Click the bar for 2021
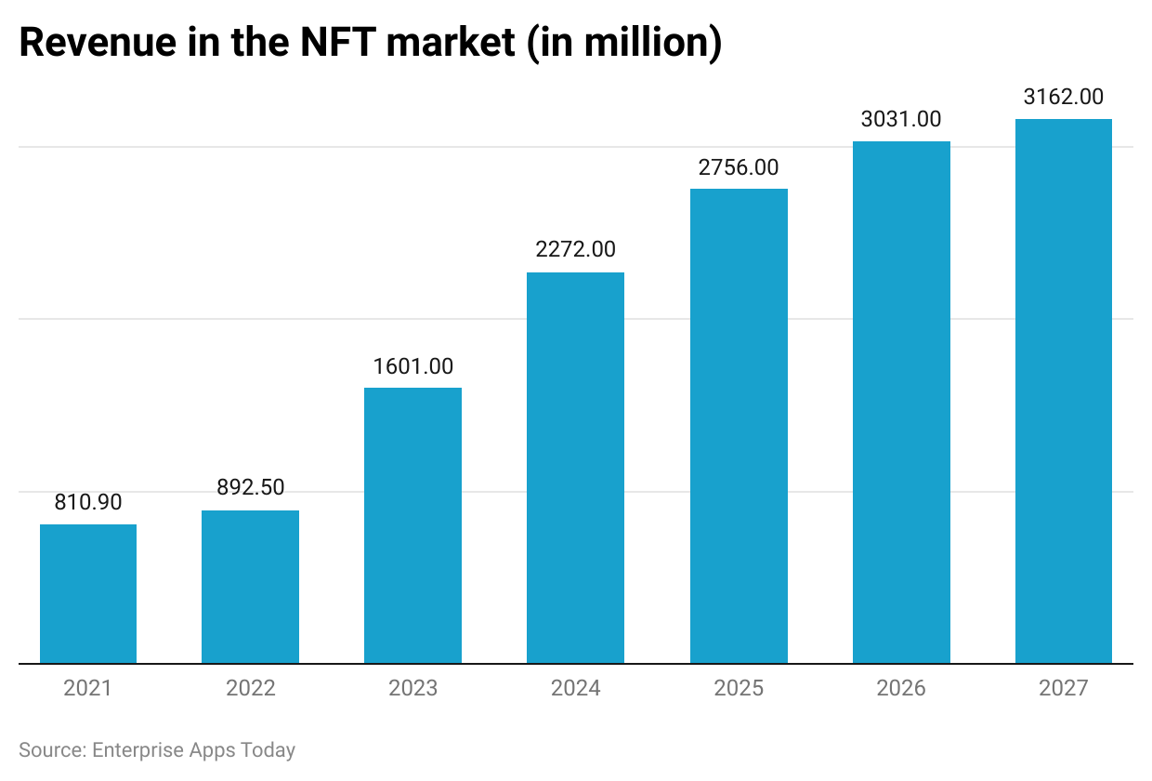coord(88,594)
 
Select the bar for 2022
coord(251,587)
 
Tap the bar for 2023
coord(413,525)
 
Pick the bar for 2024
coord(575,468)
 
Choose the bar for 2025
coord(739,426)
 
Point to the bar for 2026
coord(901,402)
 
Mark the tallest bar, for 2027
coord(1064,390)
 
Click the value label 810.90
coord(88,502)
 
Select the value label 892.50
coord(251,487)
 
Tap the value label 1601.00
coord(413,365)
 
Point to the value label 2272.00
coord(575,249)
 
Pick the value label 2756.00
coord(739,167)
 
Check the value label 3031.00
coord(901,119)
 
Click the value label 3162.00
coord(1064,97)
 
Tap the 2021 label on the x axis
coord(88,688)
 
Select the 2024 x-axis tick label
coord(575,688)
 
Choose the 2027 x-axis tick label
coord(1064,688)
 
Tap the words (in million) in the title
coord(625,45)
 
